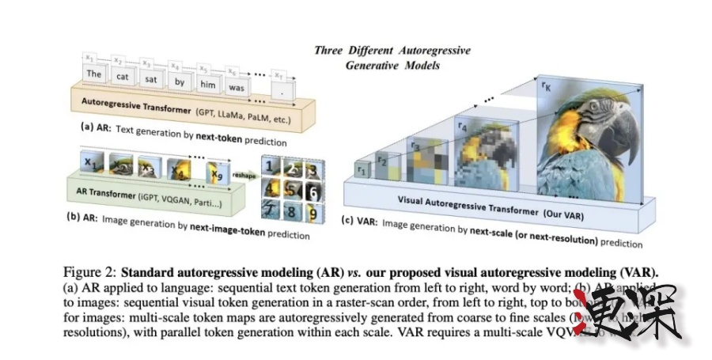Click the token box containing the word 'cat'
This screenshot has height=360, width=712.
pos(123,77)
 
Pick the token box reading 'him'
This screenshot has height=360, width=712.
pos(207,85)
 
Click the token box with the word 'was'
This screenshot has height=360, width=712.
pos(236,88)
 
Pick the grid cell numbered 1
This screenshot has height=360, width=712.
pos(271,168)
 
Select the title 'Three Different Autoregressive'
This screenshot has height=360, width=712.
pos(392,51)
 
